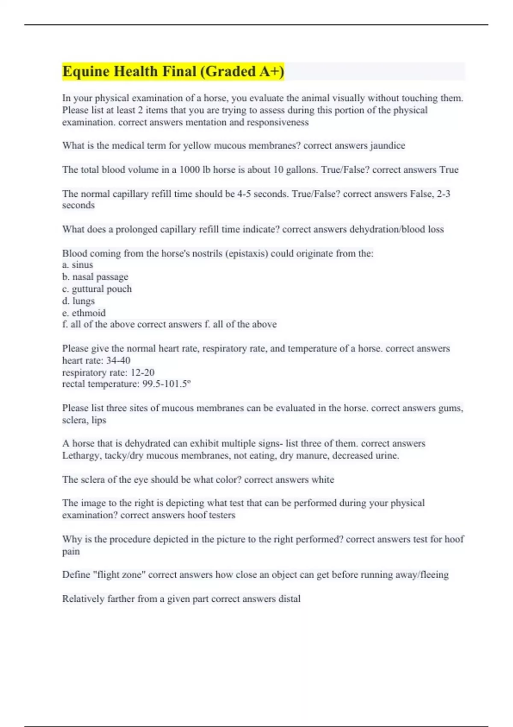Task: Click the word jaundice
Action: tap(387, 145)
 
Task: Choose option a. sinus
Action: tap(77, 265)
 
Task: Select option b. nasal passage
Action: tap(95, 277)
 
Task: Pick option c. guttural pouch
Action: tap(97, 289)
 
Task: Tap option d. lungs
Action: tap(78, 301)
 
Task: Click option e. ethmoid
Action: tap(84, 313)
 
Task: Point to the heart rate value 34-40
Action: tap(118, 361)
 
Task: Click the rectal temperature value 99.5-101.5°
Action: tap(166, 384)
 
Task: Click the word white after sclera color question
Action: tap(322, 479)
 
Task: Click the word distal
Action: tap(289, 599)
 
